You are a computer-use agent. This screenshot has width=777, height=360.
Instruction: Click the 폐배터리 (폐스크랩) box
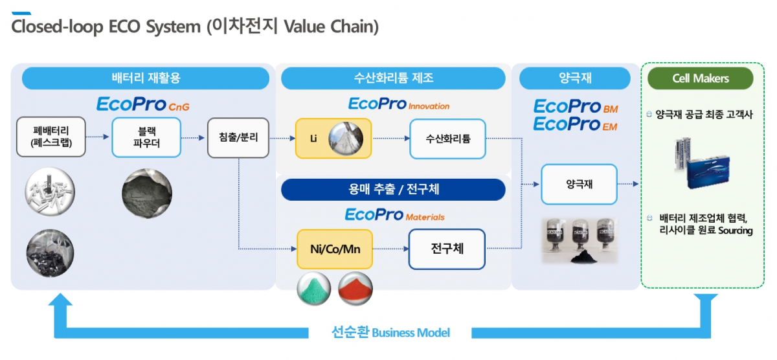coord(51,137)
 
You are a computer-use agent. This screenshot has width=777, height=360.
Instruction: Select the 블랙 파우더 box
coord(146,137)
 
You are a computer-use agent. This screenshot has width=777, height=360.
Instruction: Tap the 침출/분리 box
coord(238,137)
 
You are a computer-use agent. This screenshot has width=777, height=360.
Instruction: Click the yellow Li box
coord(333,138)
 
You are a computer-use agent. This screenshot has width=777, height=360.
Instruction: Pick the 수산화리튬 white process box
coord(447,138)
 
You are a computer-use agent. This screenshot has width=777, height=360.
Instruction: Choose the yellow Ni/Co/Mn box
coord(335,249)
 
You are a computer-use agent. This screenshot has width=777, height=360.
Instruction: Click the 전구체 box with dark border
coord(447,249)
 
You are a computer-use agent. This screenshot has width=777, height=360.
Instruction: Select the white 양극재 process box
coord(579,184)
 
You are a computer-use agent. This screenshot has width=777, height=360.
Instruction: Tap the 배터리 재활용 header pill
coord(146,78)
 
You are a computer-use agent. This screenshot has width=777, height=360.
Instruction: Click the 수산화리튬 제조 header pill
coord(393,78)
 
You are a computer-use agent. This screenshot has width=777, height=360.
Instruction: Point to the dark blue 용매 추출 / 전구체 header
coord(393,189)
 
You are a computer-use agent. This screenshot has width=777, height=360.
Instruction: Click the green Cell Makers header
coord(700,78)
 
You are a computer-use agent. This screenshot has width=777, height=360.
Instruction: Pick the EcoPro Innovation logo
coord(398,104)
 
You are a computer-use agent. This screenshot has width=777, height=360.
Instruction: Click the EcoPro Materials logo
coord(395,215)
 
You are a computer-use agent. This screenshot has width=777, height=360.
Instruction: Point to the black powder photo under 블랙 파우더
coord(148,190)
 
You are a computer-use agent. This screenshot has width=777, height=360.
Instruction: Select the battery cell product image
coord(700,164)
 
